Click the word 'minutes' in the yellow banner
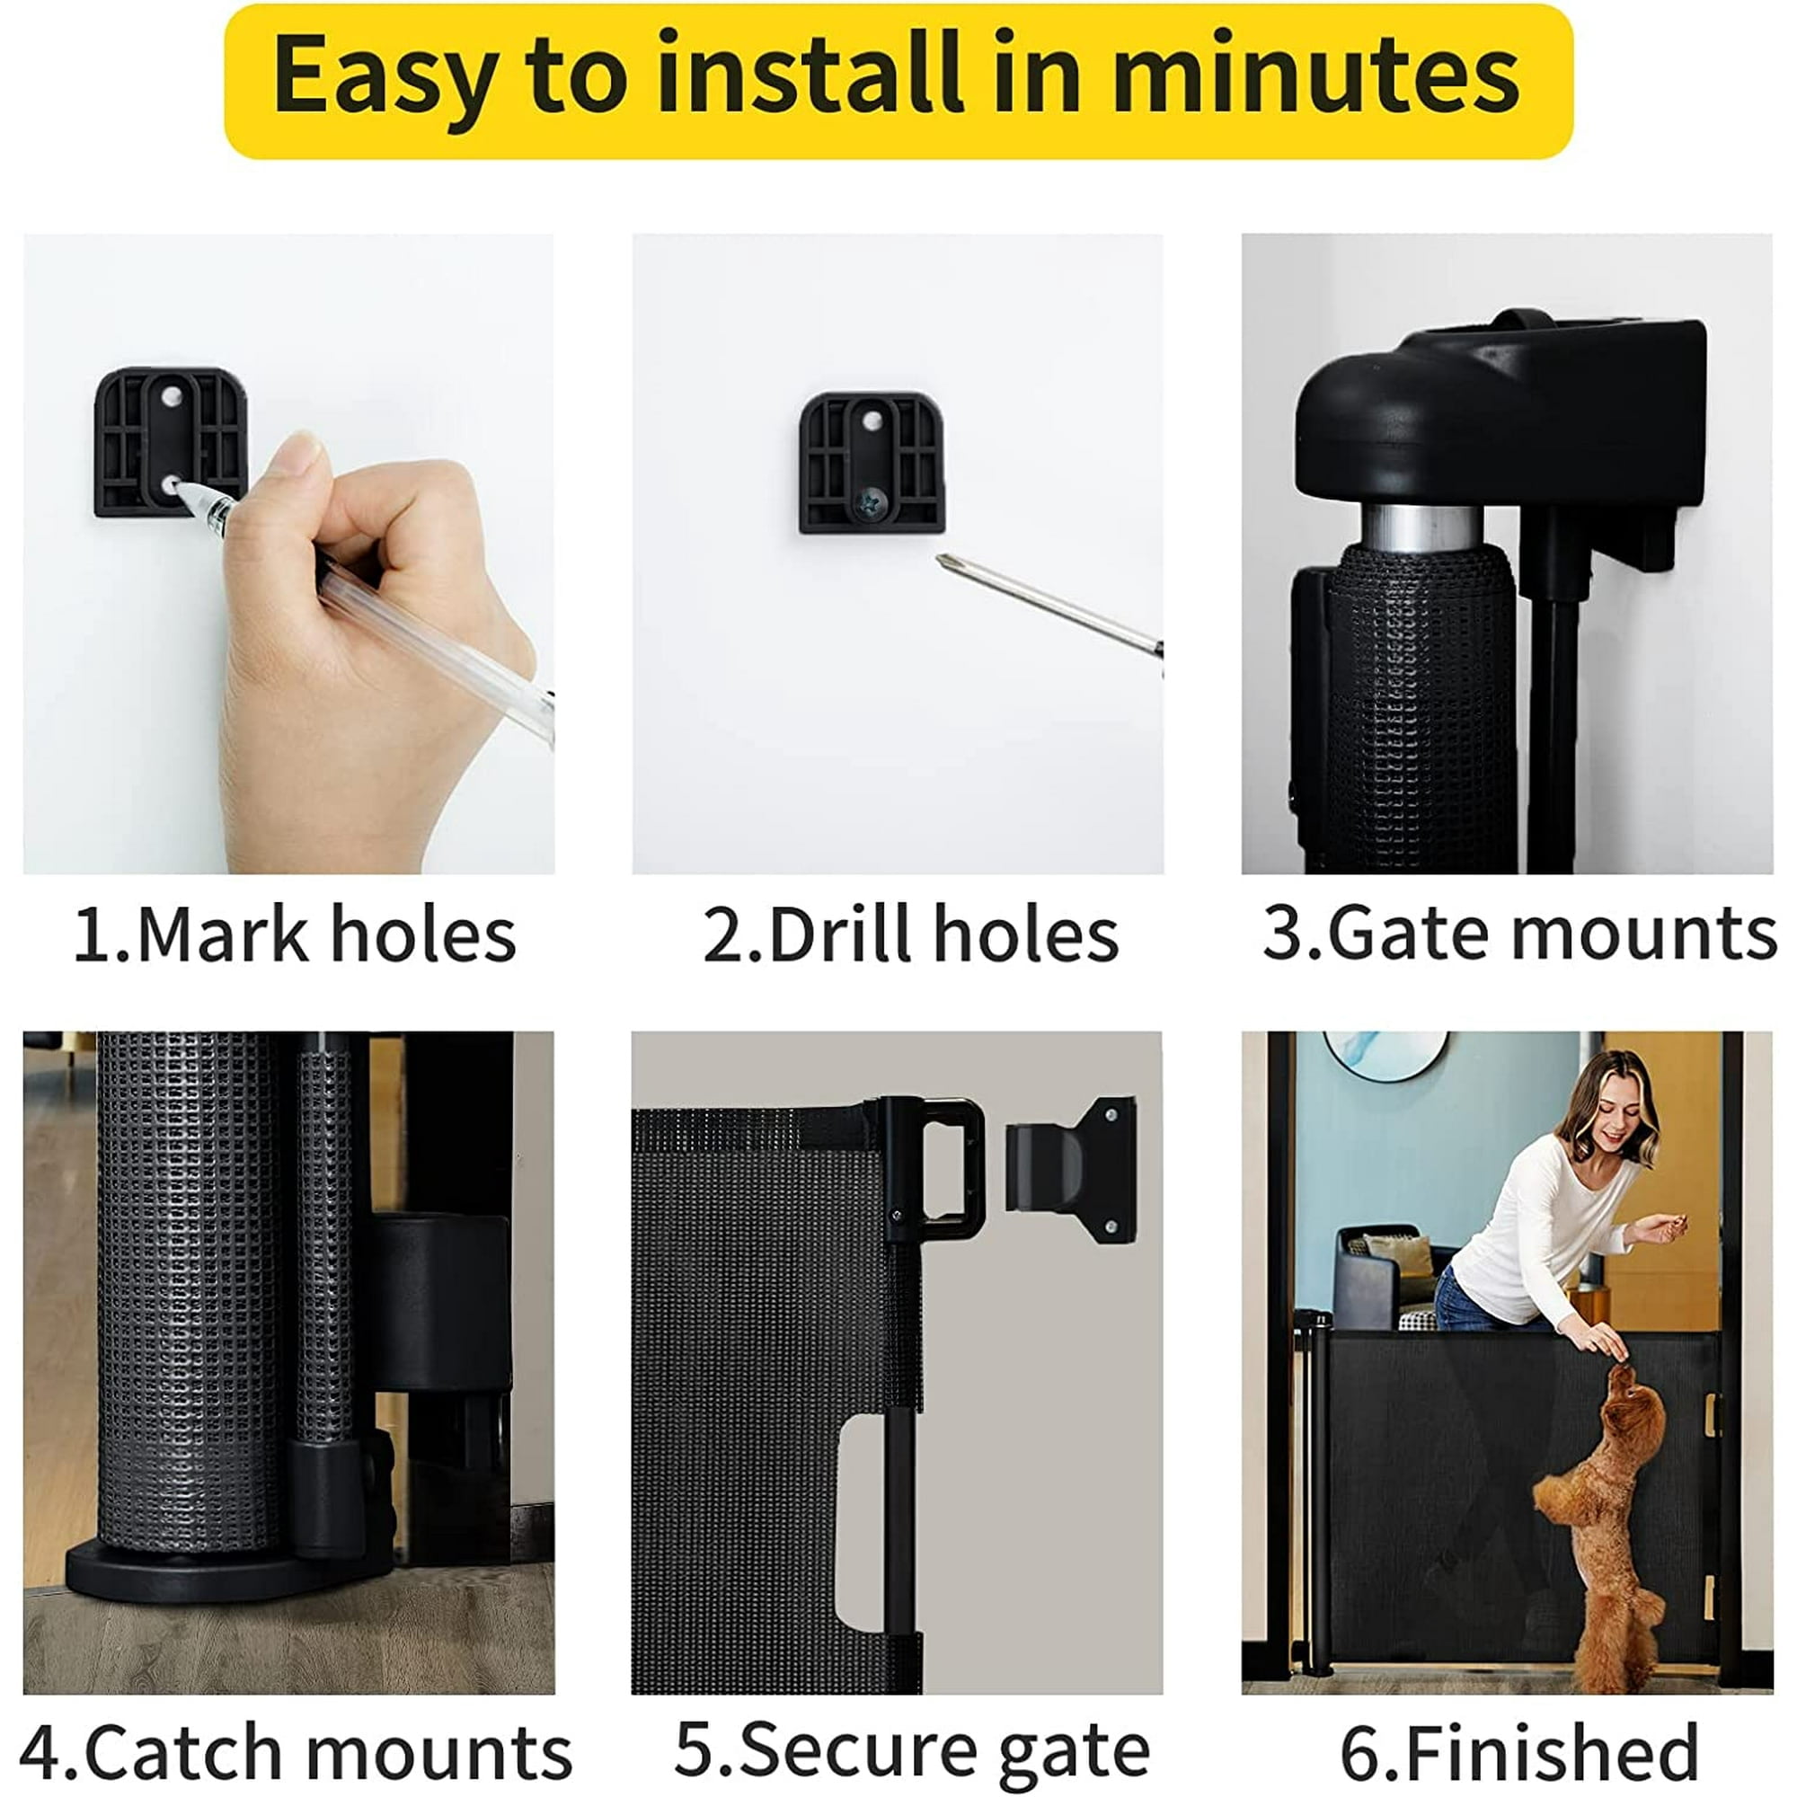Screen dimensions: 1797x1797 pyautogui.click(x=1316, y=75)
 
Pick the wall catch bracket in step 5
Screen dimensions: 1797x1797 pyautogui.click(x=1072, y=1169)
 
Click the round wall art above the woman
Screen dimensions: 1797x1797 pyautogui.click(x=1385, y=1056)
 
